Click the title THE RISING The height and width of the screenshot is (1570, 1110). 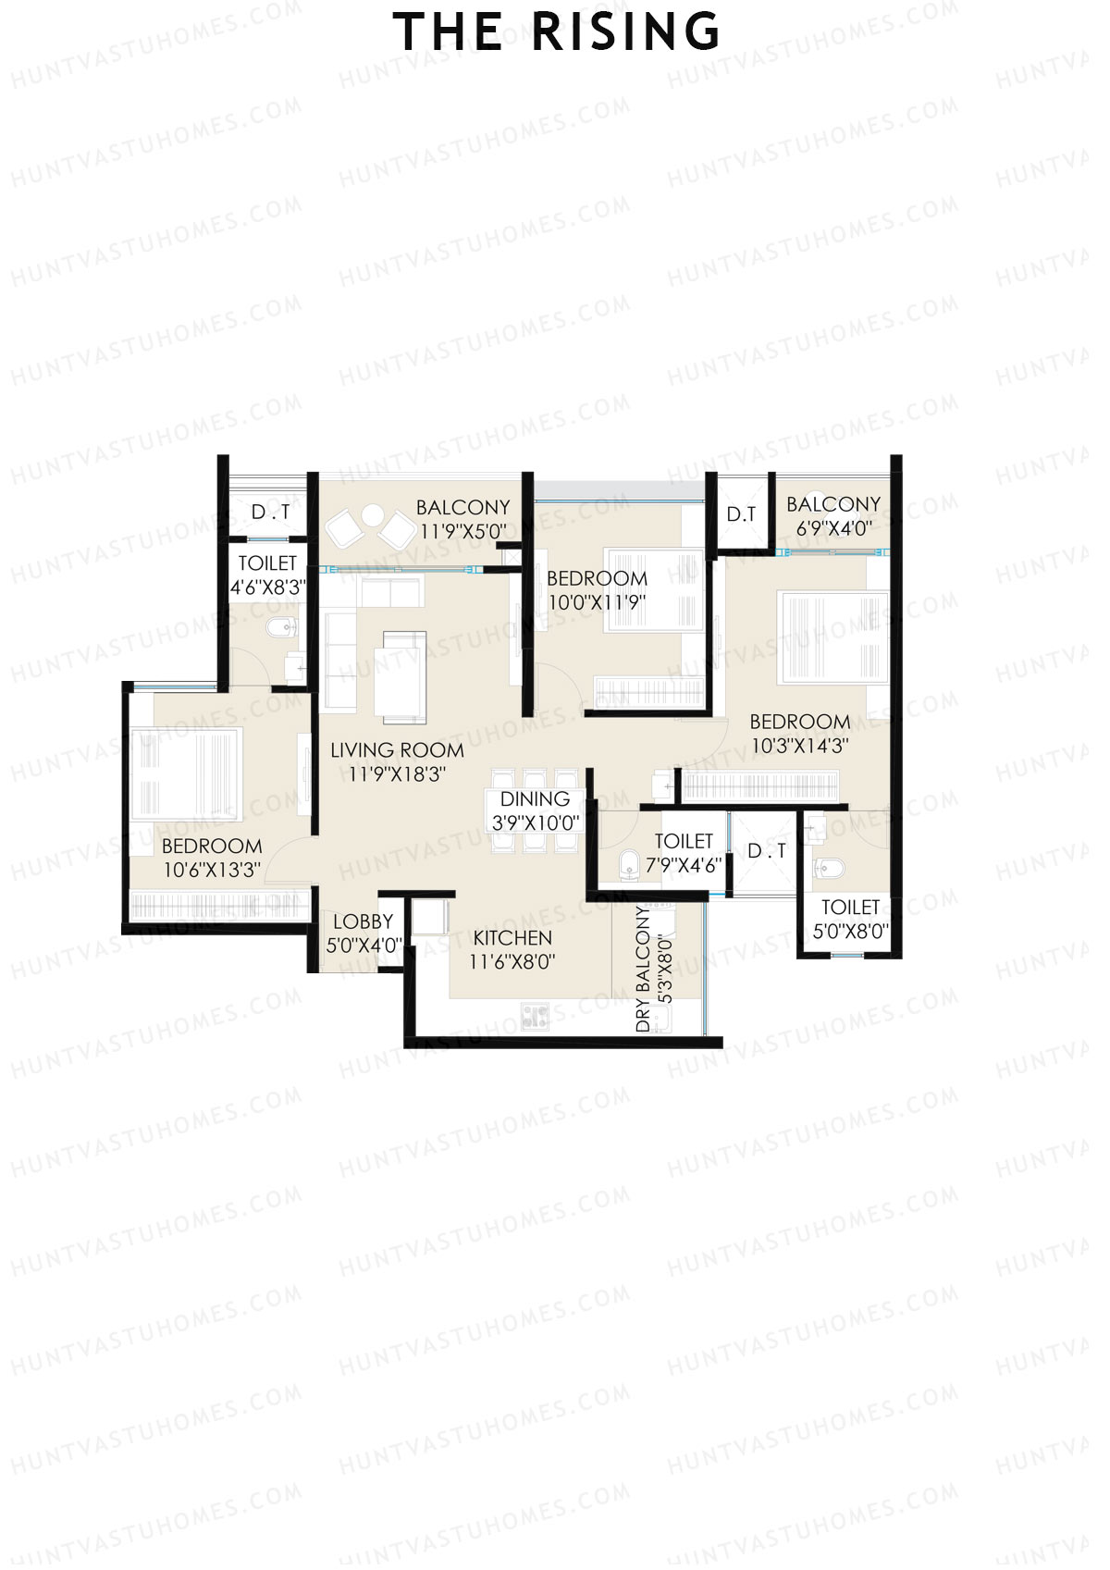pyautogui.click(x=556, y=32)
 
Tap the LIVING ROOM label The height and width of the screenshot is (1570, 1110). pyautogui.click(x=397, y=750)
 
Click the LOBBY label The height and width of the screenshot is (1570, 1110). pyautogui.click(x=364, y=921)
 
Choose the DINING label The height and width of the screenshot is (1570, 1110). pyautogui.click(x=535, y=799)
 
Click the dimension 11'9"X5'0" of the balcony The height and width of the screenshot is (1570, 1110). pyautogui.click(x=463, y=532)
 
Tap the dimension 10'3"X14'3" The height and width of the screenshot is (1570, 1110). pyautogui.click(x=799, y=746)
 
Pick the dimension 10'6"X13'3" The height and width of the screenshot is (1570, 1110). pyautogui.click(x=212, y=870)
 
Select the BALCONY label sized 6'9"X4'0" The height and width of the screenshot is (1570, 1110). pyautogui.click(x=832, y=504)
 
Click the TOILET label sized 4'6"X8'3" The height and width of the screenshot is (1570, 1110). pyautogui.click(x=267, y=563)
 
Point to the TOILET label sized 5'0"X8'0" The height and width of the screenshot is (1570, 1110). pyautogui.click(x=850, y=908)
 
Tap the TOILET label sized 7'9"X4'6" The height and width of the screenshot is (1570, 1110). pyautogui.click(x=684, y=841)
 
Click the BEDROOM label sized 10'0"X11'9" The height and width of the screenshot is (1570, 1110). pyautogui.click(x=597, y=579)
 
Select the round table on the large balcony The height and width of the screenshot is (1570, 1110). pyautogui.click(x=373, y=515)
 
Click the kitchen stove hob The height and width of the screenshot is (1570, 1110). pyautogui.click(x=535, y=1016)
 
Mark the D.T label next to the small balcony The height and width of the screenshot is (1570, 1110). pyautogui.click(x=741, y=514)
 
